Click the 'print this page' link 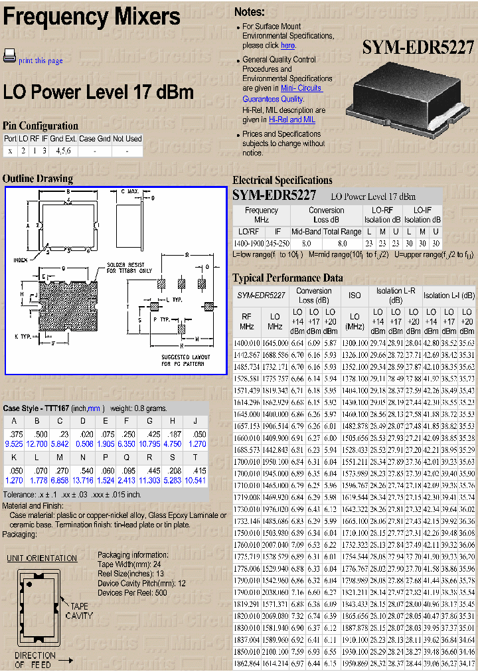click(x=40, y=61)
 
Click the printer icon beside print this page click(x=9, y=56)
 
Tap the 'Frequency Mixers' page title click(x=92, y=17)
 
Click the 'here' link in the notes click(x=287, y=46)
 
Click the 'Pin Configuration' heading click(x=40, y=126)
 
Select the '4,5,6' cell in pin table click(x=63, y=151)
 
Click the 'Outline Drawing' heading click(x=38, y=179)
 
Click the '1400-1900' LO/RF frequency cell click(x=249, y=244)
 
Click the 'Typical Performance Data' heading click(x=287, y=278)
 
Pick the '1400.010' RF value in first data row click(x=247, y=343)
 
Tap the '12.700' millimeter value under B click(x=37, y=443)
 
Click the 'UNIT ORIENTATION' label click(x=42, y=558)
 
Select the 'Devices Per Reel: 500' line click(x=132, y=592)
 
